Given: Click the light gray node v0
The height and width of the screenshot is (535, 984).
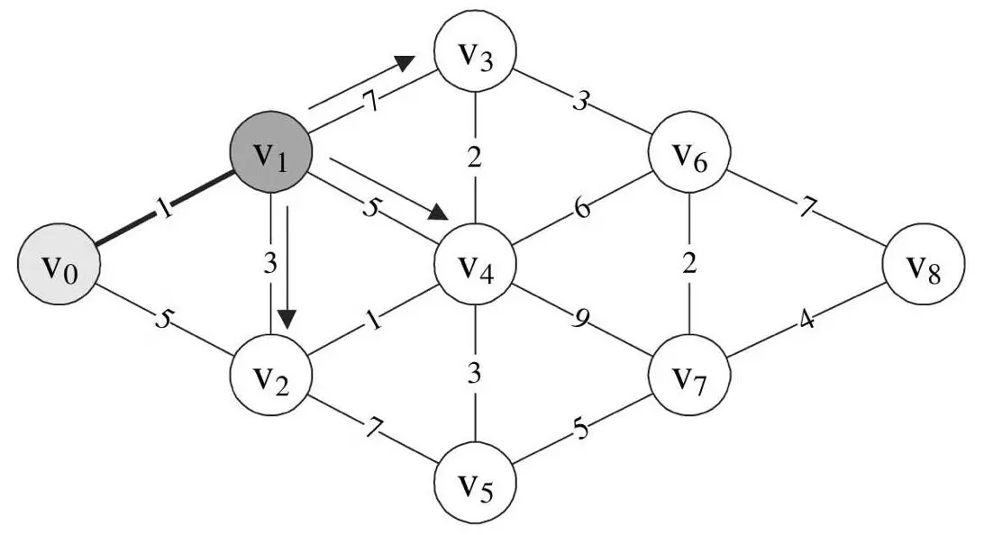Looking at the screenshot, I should pos(59,267).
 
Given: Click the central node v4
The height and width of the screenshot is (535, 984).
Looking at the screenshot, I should pos(475,267).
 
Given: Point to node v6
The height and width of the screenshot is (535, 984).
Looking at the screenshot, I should pos(688,160).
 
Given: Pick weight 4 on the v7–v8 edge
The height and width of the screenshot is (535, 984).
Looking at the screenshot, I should pos(806,319).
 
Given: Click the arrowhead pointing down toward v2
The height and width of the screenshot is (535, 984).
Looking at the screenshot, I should pos(287,319).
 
